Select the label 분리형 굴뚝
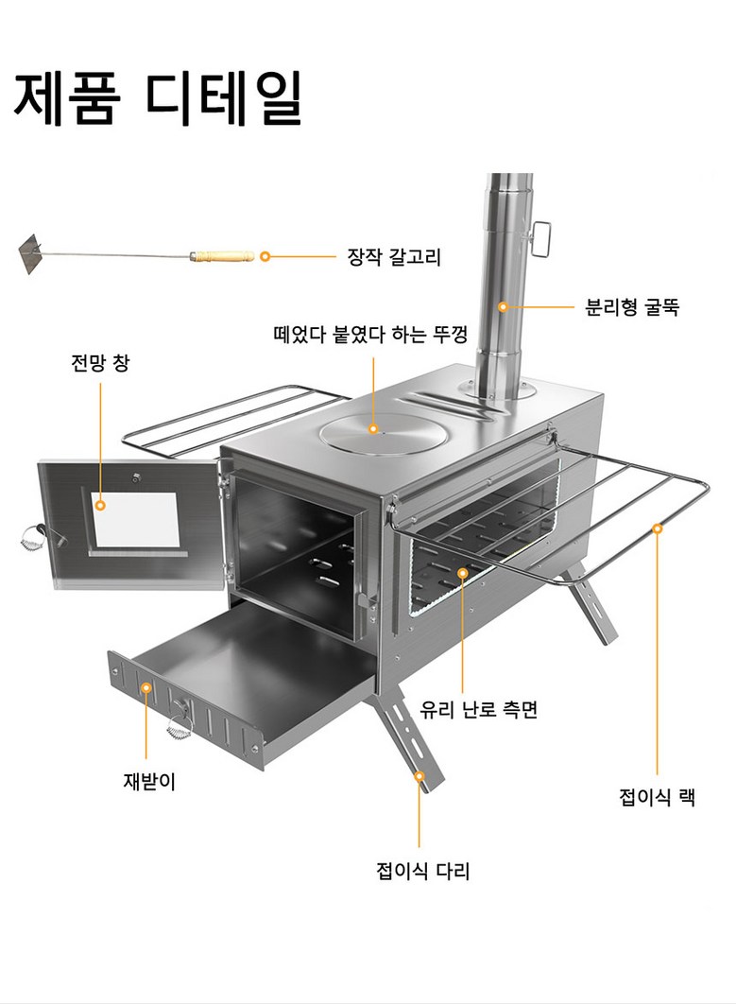point(632,307)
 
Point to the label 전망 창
point(99,362)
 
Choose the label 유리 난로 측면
point(479,709)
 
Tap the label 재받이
point(149,782)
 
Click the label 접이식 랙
point(657,797)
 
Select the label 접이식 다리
point(422,871)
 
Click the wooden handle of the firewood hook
point(222,255)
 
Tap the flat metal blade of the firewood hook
point(33,253)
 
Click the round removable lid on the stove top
point(381,434)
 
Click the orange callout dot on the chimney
point(504,307)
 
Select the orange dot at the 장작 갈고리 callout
point(265,256)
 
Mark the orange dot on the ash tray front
point(147,688)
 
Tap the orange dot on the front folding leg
point(419,775)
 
